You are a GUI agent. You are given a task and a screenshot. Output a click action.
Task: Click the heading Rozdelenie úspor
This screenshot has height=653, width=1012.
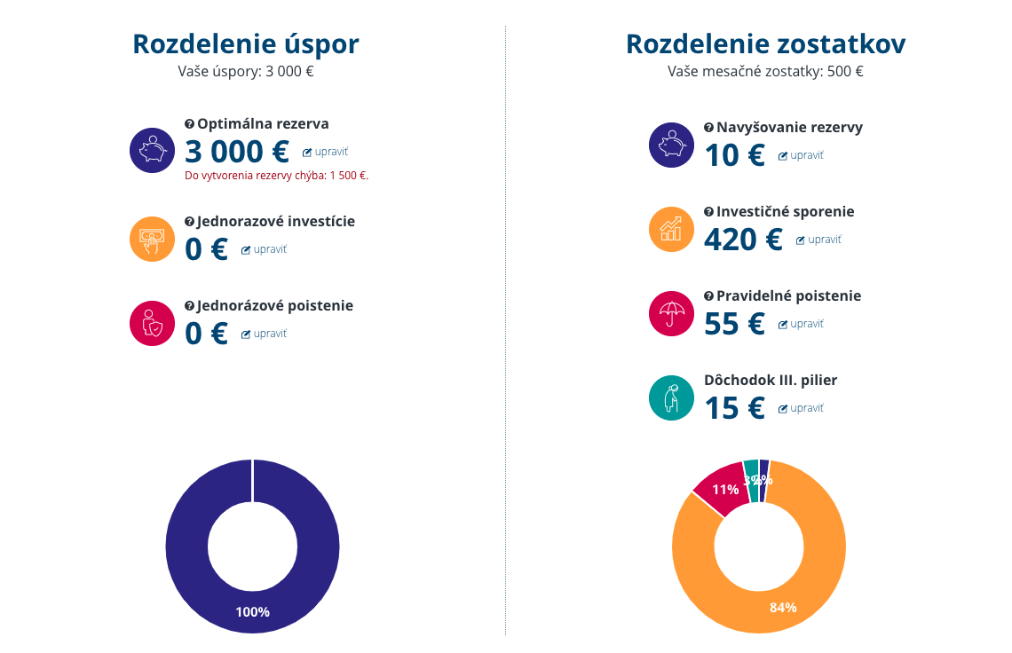pyautogui.click(x=246, y=43)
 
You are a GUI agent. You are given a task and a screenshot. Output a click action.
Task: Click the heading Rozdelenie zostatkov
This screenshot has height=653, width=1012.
pyautogui.click(x=765, y=43)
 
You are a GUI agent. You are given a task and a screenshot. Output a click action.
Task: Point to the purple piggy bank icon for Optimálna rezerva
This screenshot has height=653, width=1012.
pyautogui.click(x=153, y=150)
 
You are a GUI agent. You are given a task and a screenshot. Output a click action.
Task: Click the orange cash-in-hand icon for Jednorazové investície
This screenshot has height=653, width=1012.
pyautogui.click(x=153, y=239)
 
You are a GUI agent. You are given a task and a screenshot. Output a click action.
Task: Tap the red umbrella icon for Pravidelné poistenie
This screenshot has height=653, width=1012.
pyautogui.click(x=672, y=313)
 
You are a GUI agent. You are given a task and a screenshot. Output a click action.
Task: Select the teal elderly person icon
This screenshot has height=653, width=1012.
pyautogui.click(x=672, y=397)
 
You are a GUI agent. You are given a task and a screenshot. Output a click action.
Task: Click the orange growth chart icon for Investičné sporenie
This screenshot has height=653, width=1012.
pyautogui.click(x=672, y=229)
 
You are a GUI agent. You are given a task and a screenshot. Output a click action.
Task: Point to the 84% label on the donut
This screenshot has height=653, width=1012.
pyautogui.click(x=783, y=608)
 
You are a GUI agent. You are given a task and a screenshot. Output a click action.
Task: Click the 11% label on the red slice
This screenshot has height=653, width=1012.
pyautogui.click(x=725, y=490)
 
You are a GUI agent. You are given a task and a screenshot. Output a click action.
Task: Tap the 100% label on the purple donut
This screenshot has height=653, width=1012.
pyautogui.click(x=252, y=612)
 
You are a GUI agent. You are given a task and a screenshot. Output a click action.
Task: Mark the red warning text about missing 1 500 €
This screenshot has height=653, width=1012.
pyautogui.click(x=276, y=176)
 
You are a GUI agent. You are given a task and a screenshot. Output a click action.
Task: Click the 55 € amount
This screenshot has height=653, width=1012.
pyautogui.click(x=734, y=324)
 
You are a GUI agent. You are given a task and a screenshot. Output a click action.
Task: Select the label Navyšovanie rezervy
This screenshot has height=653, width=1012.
pyautogui.click(x=789, y=127)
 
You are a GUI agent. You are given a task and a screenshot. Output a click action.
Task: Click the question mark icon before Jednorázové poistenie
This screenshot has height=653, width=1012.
pyautogui.click(x=189, y=306)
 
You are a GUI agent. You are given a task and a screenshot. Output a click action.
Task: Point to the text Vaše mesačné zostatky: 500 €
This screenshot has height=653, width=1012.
pyautogui.click(x=765, y=72)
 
